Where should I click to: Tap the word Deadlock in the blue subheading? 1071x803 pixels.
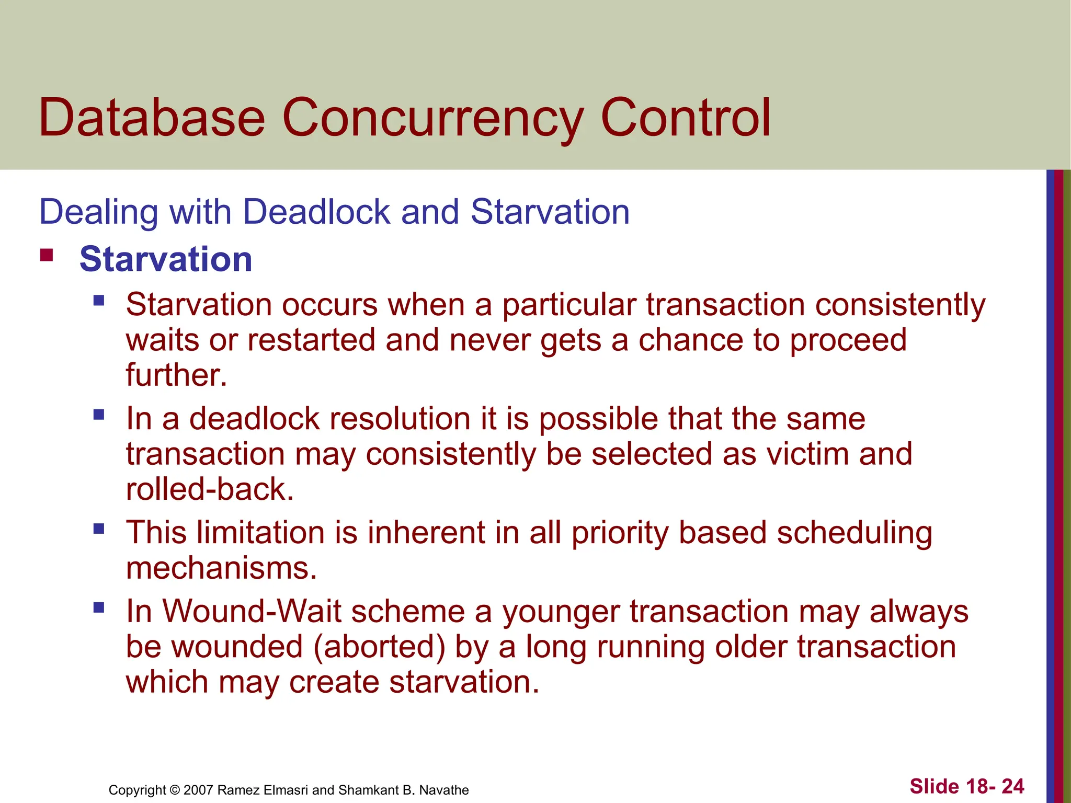[316, 212]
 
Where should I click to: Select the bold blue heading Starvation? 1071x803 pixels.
[166, 259]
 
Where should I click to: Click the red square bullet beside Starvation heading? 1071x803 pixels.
[47, 256]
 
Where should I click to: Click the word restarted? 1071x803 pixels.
[311, 340]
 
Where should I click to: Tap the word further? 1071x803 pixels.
[176, 375]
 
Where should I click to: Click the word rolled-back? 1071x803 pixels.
[210, 490]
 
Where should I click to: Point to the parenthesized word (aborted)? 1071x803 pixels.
[380, 647]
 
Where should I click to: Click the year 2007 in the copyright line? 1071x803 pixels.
[198, 790]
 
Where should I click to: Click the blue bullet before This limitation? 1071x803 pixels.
[99, 529]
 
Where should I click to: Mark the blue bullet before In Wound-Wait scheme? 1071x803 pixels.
[99, 607]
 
